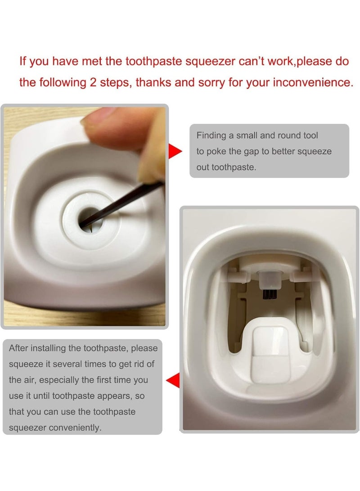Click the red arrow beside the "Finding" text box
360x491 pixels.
point(175,152)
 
